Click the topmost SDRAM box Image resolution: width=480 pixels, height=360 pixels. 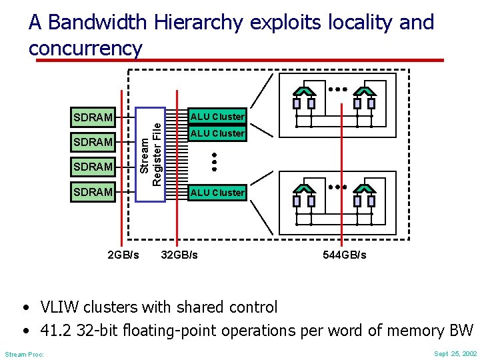click(94, 117)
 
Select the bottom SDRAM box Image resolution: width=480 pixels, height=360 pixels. click(94, 192)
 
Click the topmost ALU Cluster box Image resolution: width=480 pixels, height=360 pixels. click(217, 117)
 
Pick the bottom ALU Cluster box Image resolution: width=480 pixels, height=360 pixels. click(217, 193)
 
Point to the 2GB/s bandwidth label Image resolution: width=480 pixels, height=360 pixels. click(123, 255)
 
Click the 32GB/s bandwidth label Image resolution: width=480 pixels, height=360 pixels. click(179, 255)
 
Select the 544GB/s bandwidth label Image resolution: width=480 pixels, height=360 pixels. click(344, 255)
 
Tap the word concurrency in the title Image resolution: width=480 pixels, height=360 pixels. click(85, 48)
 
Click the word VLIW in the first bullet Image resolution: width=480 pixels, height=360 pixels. click(59, 307)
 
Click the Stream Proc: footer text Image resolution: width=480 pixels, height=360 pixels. click(25, 354)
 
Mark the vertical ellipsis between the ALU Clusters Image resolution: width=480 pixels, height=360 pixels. click(215, 159)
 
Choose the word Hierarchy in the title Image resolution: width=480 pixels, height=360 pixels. click(198, 23)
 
